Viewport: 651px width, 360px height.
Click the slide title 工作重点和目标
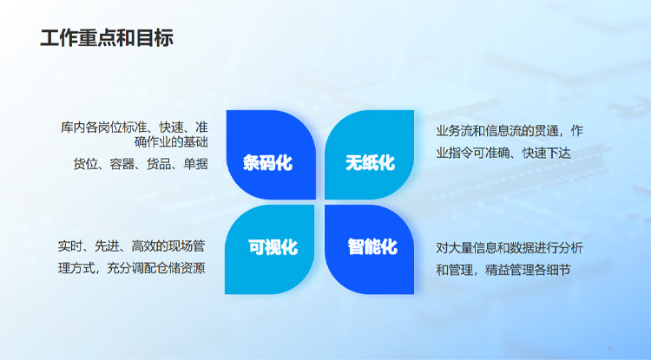107,38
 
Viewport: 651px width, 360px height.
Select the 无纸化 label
370,162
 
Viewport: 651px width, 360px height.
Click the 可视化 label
273,246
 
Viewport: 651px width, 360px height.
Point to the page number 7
609,349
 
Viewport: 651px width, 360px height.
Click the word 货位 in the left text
85,163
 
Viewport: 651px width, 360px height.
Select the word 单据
196,163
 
